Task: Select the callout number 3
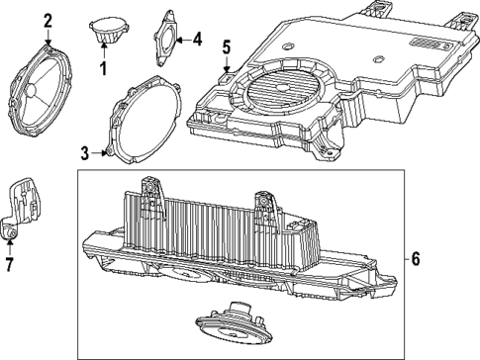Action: pyautogui.click(x=85, y=153)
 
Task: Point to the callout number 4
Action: pyautogui.click(x=196, y=41)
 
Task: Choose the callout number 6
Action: pyautogui.click(x=416, y=259)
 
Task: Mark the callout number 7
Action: pyautogui.click(x=10, y=265)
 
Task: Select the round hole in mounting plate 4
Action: pyautogui.click(x=165, y=40)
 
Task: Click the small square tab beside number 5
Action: pyautogui.click(x=227, y=70)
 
